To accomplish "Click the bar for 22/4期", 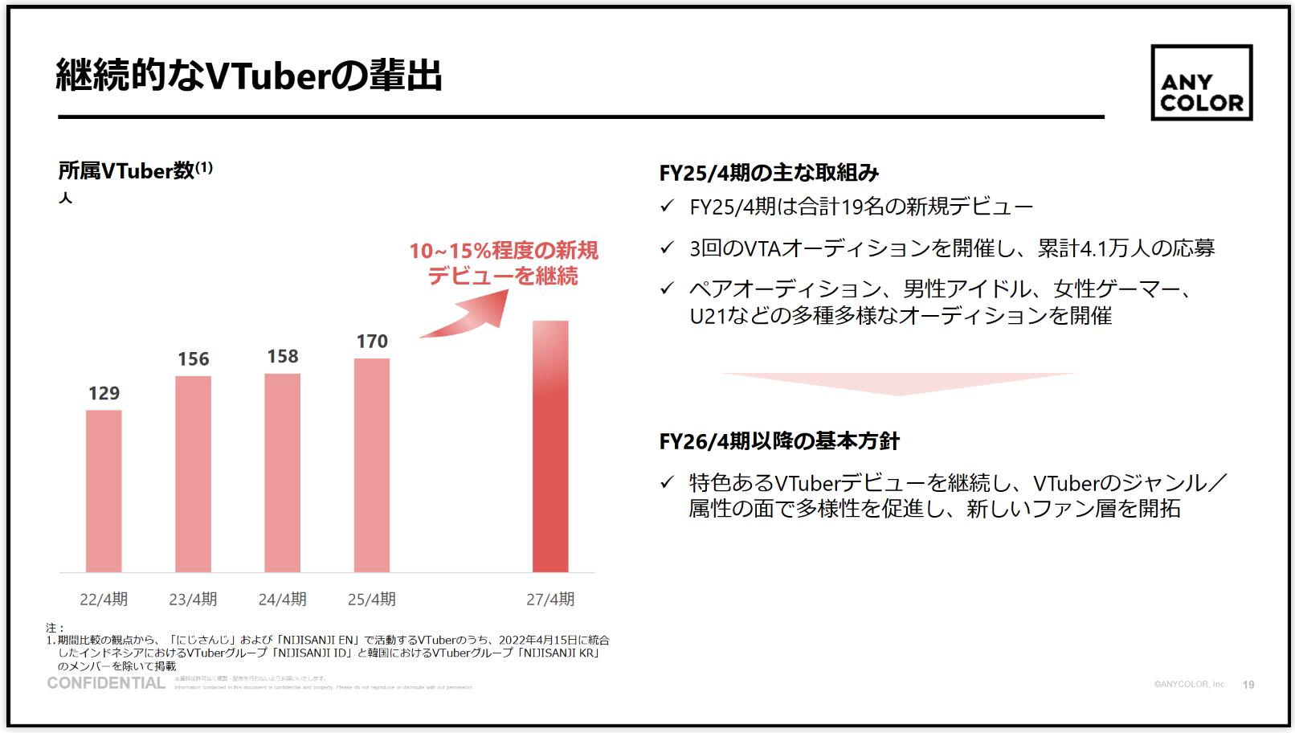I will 104,491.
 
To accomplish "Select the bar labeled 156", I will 193,474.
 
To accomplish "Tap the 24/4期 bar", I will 282,473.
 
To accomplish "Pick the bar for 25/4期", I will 371,465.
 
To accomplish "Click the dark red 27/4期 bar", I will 550,446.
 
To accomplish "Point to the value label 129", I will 104,393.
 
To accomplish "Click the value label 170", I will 372,342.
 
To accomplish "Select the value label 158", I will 283,357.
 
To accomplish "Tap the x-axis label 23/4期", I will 193,599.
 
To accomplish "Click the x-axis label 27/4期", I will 550,599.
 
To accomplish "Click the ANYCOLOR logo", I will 1201,83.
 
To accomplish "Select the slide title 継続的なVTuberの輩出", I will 249,76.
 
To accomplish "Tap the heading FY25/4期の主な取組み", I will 769,173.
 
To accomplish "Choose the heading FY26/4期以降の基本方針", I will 778,441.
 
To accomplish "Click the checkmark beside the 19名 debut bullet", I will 667,207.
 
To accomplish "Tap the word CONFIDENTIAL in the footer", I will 106,683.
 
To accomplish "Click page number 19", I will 1248,685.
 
